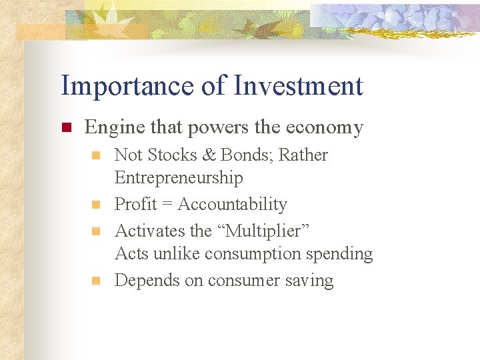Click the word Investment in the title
click(x=299, y=86)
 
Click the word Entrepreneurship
click(x=179, y=177)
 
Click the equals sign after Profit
click(x=166, y=205)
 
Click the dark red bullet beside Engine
click(x=65, y=127)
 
